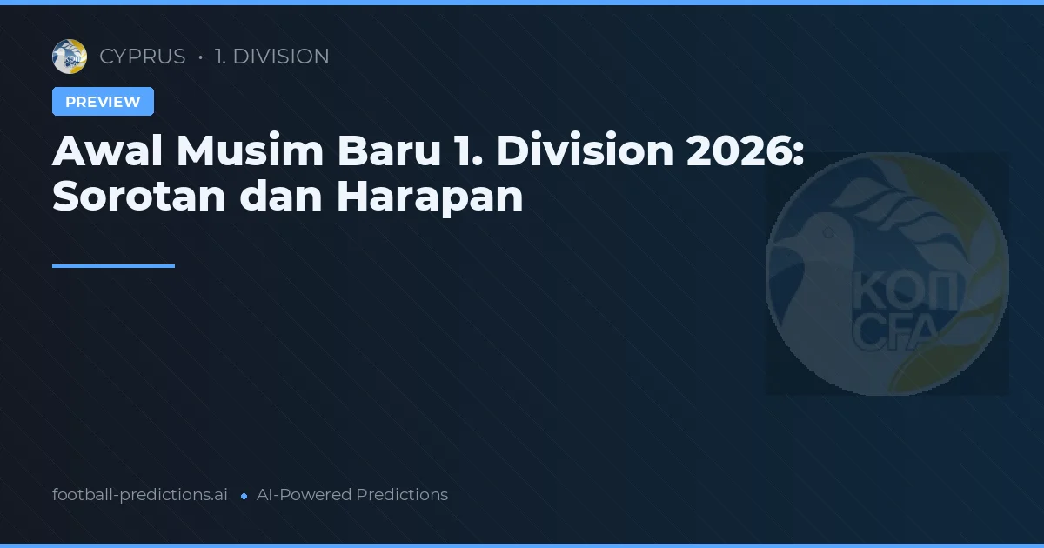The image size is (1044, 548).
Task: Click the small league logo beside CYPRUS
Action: pyautogui.click(x=70, y=57)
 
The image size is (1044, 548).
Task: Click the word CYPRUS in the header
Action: pyautogui.click(x=143, y=57)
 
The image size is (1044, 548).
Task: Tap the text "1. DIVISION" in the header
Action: pyautogui.click(x=271, y=57)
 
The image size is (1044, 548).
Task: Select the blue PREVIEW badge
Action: pyautogui.click(x=103, y=102)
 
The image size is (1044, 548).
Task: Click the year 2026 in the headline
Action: pyautogui.click(x=745, y=152)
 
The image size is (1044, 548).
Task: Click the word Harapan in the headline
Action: pyautogui.click(x=430, y=197)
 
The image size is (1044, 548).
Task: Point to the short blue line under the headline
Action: pyautogui.click(x=113, y=266)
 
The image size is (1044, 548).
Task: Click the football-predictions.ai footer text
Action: pyautogui.click(x=140, y=495)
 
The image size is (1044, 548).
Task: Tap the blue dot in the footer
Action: pyautogui.click(x=244, y=496)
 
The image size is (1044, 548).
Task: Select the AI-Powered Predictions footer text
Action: pyautogui.click(x=352, y=495)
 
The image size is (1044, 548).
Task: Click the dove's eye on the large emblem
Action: pyautogui.click(x=829, y=233)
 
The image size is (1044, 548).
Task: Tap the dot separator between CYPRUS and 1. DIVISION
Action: pyautogui.click(x=201, y=57)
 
